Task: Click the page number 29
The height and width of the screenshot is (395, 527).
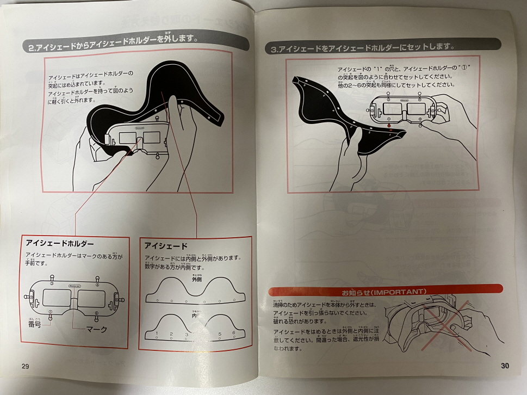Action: pyautogui.click(x=26, y=365)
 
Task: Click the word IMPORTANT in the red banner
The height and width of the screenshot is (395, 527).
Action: pyautogui.click(x=399, y=292)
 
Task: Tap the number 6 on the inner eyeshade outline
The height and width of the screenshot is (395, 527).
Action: pyautogui.click(x=233, y=334)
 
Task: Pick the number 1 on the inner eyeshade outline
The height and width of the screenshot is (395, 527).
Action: pyautogui.click(x=157, y=334)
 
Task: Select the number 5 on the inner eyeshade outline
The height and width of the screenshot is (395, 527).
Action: pyautogui.click(x=220, y=334)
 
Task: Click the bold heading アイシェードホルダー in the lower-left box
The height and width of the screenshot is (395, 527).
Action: pyautogui.click(x=60, y=243)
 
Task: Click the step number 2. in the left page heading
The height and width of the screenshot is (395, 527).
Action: pyautogui.click(x=32, y=47)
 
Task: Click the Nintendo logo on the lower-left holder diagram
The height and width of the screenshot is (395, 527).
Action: pyautogui.click(x=74, y=285)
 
